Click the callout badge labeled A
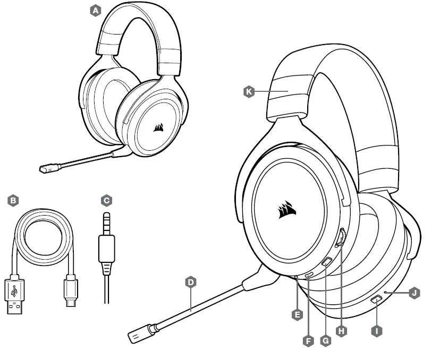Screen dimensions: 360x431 (96, 10)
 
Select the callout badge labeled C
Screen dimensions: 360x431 (106, 200)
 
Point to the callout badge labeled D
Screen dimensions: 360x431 (191, 281)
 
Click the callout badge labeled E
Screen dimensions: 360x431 (298, 314)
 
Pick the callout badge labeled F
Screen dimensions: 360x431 (308, 341)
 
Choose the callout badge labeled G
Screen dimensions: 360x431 (326, 341)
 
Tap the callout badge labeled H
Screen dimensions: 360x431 (342, 330)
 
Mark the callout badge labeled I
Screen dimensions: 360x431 (377, 330)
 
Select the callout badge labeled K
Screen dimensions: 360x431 (248, 92)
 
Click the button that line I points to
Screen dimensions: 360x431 (376, 299)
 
